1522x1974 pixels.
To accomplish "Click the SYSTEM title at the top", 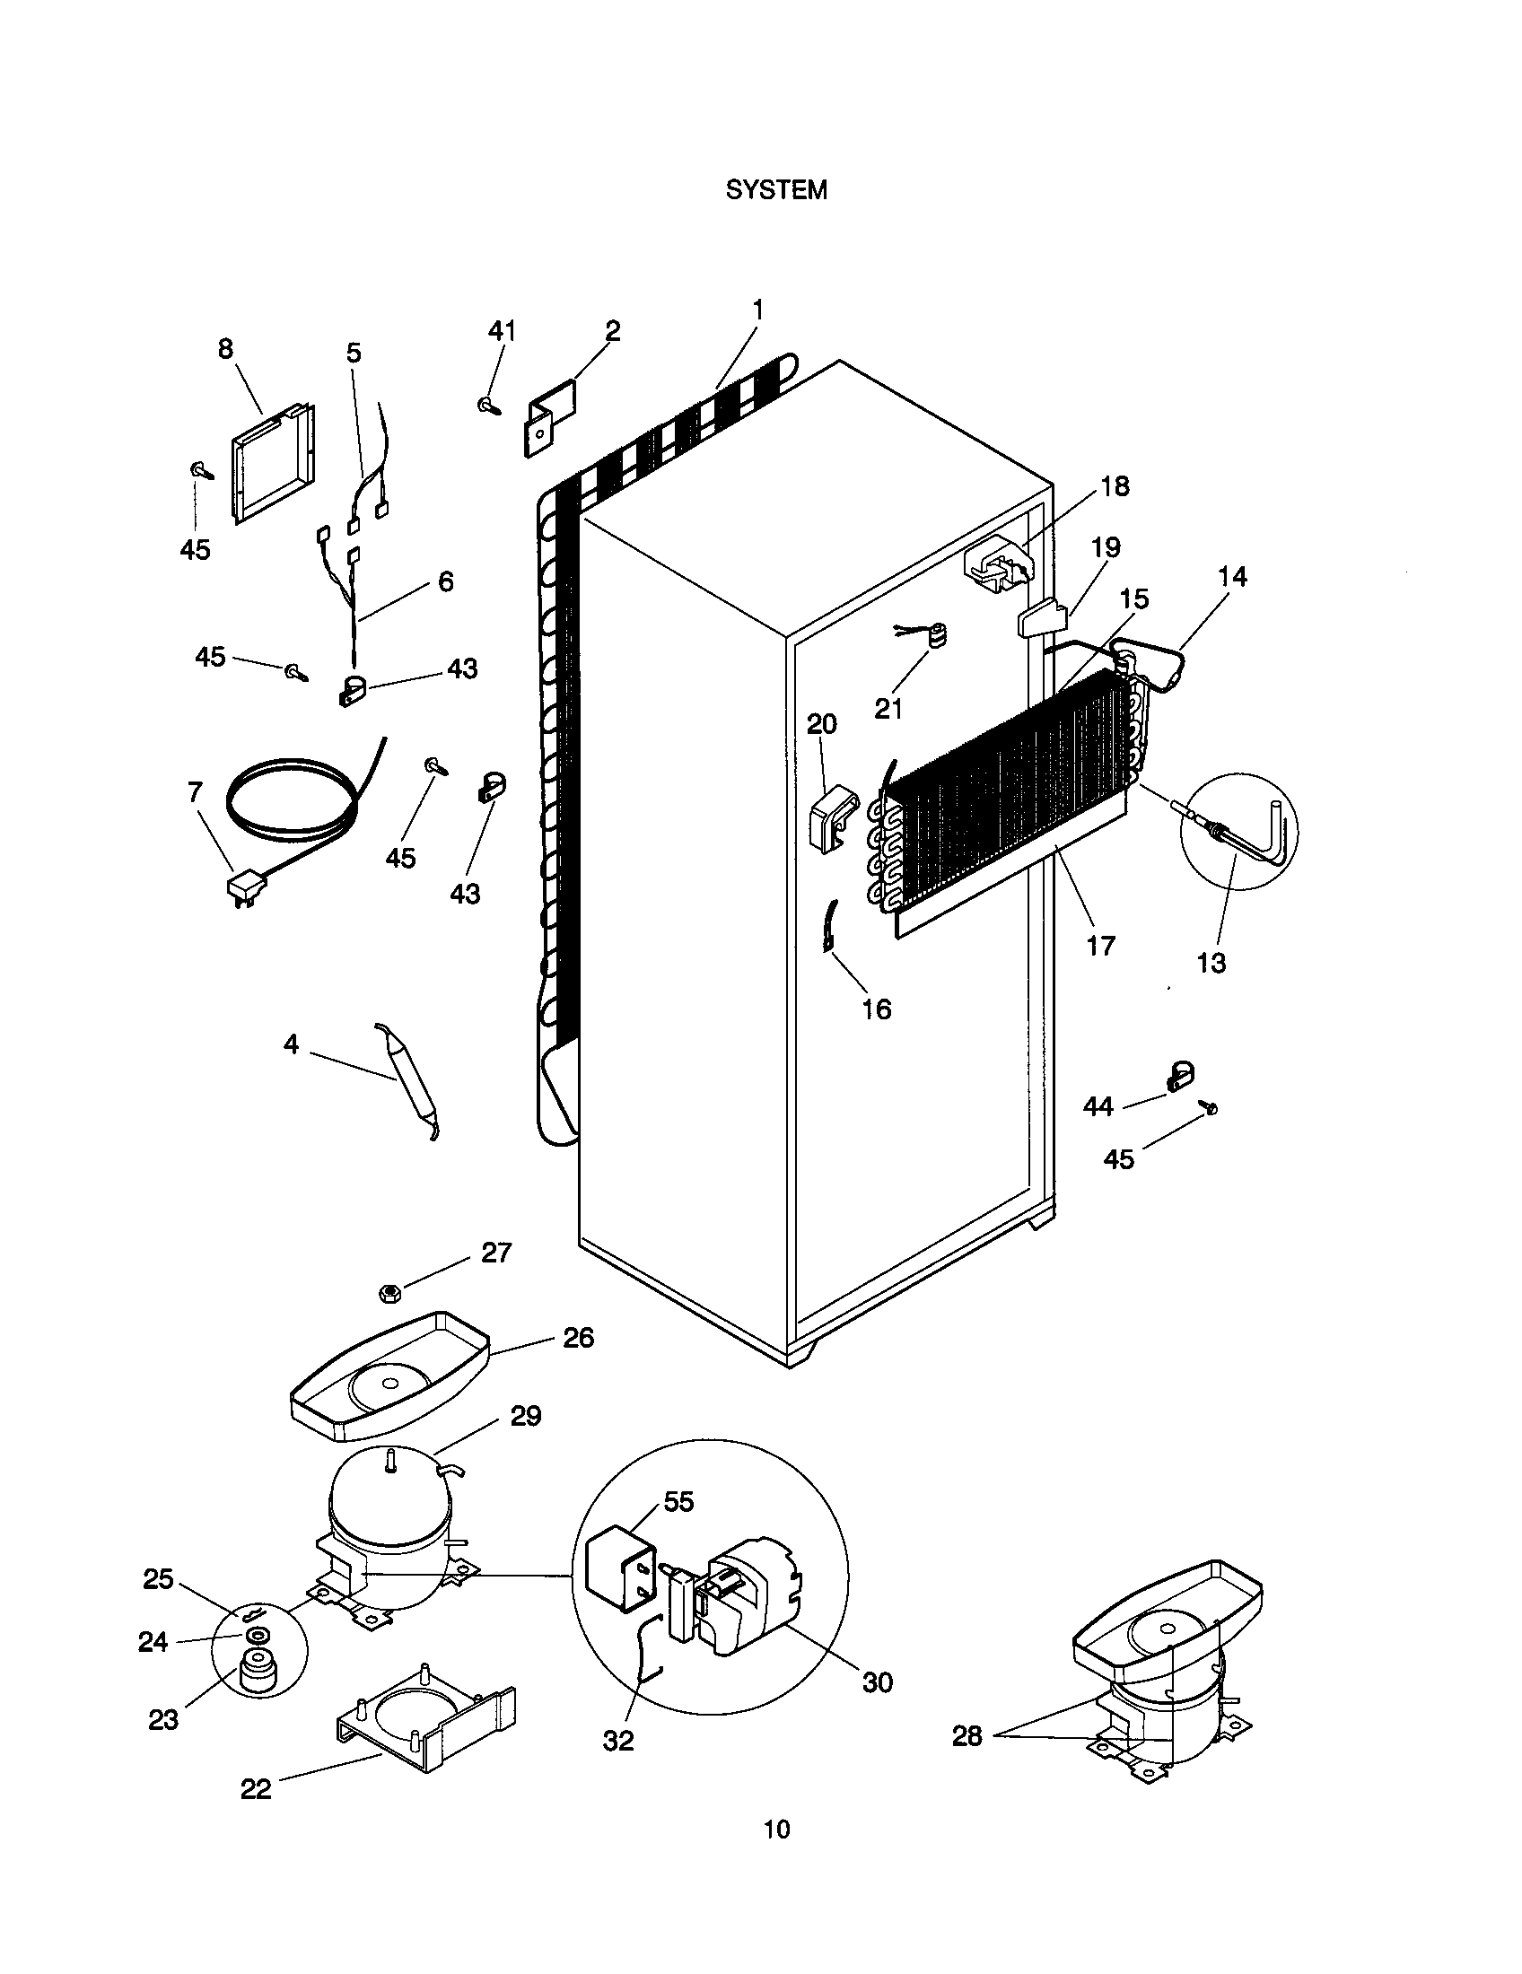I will point(776,190).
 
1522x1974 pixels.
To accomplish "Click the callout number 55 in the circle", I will point(678,1501).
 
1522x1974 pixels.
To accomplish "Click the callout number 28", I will point(967,1736).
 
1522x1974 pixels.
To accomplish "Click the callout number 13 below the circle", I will point(1211,964).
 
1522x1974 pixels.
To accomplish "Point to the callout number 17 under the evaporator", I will point(1101,947).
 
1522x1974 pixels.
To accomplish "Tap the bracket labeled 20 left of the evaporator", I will point(831,818).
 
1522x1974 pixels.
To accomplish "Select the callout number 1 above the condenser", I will point(757,310).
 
